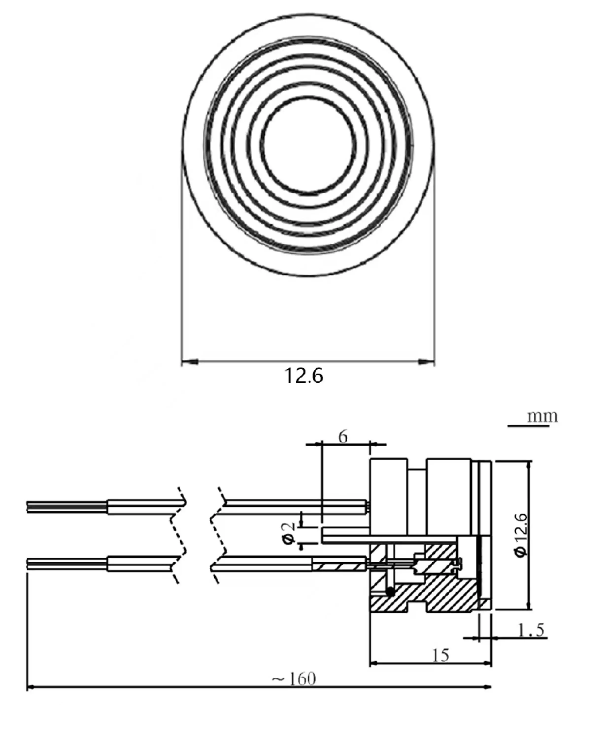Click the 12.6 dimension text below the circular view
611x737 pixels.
point(303,376)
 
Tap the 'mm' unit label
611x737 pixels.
point(542,417)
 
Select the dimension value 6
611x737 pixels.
point(343,437)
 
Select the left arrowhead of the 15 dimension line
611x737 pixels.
point(374,663)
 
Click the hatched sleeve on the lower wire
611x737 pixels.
point(339,567)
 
